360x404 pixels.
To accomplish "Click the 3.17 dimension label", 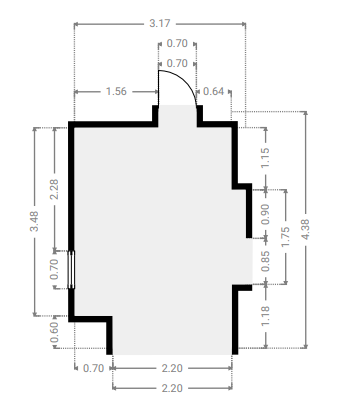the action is [160, 23].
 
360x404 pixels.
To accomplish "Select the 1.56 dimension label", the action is [116, 91].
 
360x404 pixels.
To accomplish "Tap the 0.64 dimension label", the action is [213, 91].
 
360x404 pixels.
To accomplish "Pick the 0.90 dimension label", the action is [264, 214].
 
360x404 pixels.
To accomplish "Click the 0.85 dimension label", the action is [265, 261].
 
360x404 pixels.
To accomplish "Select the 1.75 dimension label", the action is [286, 237].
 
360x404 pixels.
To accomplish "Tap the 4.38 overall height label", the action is [305, 229].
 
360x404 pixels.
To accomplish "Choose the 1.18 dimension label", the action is [265, 316].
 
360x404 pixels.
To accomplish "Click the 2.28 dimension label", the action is [54, 189].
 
